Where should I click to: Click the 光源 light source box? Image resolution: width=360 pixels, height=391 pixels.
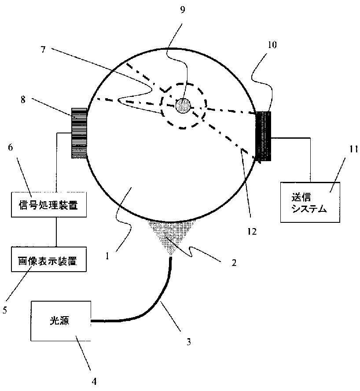click(x=61, y=321)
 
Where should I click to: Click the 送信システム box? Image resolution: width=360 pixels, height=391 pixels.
click(x=310, y=203)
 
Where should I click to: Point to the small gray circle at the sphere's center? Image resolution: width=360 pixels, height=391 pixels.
click(x=183, y=105)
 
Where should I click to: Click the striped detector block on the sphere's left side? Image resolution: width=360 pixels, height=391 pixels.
click(x=79, y=133)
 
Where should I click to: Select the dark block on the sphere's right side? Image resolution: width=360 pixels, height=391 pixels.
click(x=264, y=136)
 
